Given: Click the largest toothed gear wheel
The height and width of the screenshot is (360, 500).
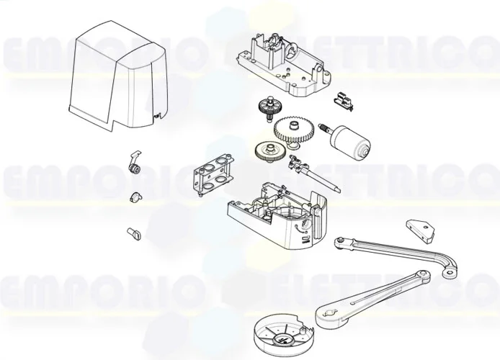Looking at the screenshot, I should tap(295, 132).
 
